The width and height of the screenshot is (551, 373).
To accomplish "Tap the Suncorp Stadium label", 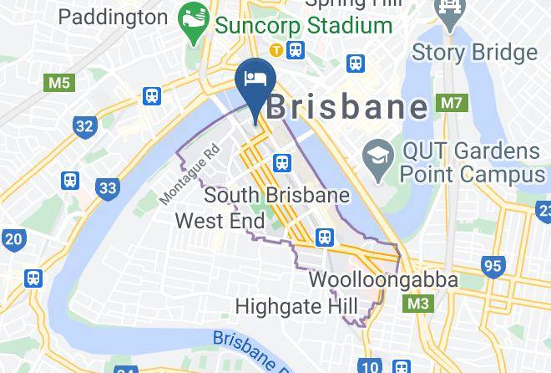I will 305,25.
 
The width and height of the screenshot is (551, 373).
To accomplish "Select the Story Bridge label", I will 475,52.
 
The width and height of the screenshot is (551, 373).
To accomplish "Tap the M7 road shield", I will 452,104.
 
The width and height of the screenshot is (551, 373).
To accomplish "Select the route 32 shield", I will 83,126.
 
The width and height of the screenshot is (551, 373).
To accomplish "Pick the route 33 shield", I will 107,188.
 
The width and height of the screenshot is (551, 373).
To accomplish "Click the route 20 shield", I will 13,239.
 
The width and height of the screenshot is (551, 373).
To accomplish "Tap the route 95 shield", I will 493,267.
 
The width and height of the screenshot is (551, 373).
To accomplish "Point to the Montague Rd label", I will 190,173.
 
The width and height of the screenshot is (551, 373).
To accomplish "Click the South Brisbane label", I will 275,196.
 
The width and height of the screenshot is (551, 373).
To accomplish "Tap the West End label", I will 220,222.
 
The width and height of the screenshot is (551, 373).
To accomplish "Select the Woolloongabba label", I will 383,279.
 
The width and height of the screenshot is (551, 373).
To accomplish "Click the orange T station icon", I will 273,51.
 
